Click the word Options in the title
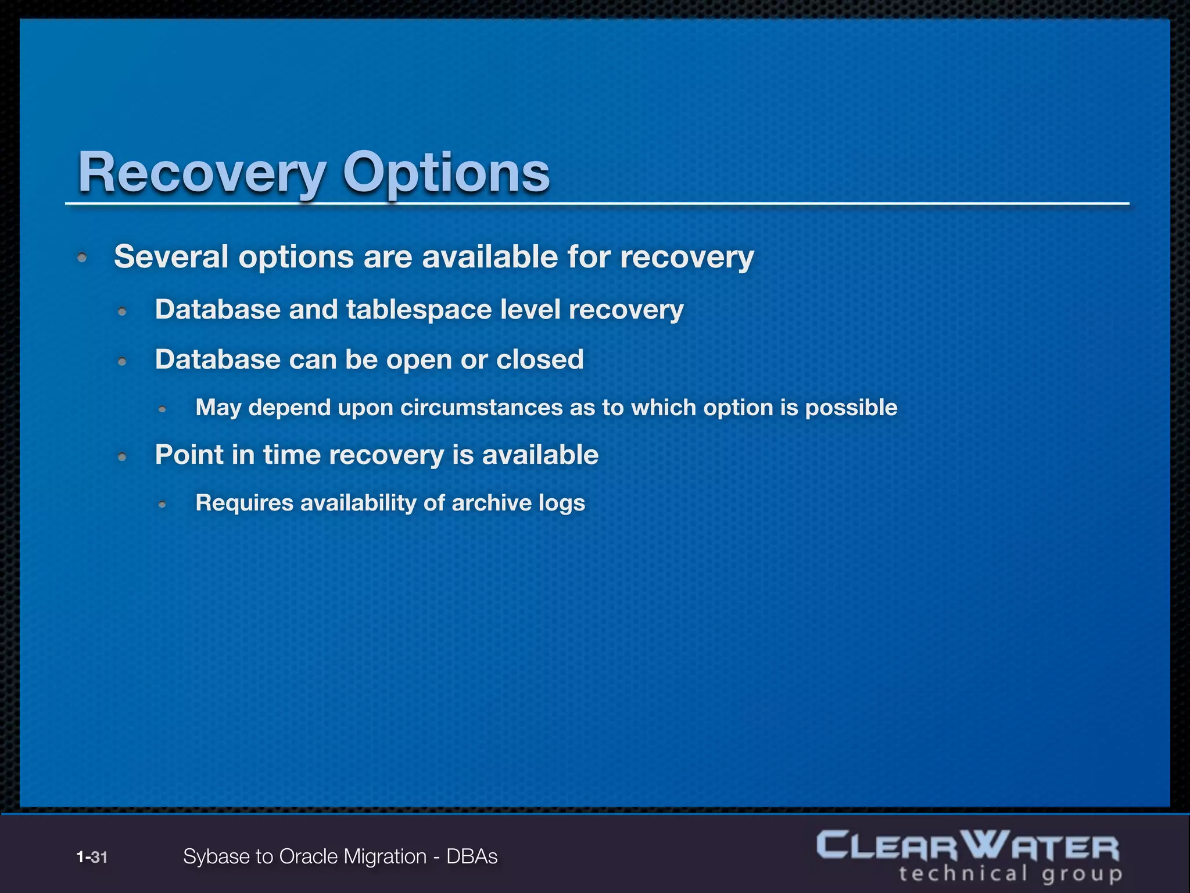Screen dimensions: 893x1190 tap(446, 173)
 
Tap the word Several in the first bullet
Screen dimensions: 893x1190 tap(171, 256)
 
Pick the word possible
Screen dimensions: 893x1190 tap(851, 408)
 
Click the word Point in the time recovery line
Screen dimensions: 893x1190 tap(188, 455)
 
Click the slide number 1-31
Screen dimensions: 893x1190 tap(92, 857)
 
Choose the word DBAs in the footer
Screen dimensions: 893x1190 tap(472, 857)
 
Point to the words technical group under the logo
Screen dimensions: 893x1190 tap(1010, 874)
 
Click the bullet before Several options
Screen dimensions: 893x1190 tap(83, 257)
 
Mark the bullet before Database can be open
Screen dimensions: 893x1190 tap(122, 362)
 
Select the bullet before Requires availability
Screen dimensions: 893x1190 tap(163, 505)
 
